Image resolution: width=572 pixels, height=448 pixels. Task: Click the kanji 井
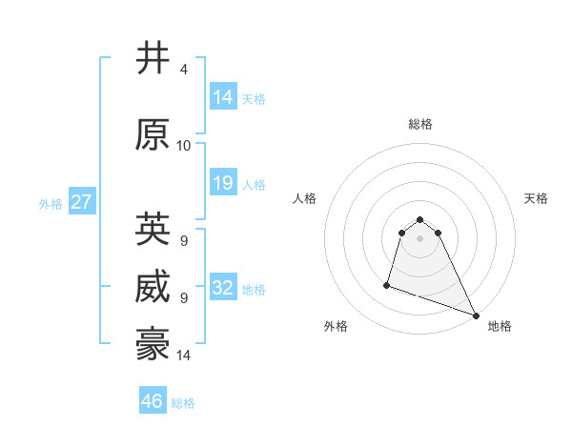(x=153, y=59)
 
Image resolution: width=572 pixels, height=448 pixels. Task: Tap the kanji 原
(x=153, y=135)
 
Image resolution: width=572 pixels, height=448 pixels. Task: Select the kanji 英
(x=153, y=230)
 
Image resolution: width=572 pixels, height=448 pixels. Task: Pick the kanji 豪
(x=153, y=344)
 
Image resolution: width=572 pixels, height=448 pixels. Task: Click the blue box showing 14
(x=223, y=97)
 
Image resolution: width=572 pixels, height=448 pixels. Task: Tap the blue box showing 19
(x=223, y=183)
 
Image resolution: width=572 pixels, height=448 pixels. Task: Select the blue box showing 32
(x=223, y=288)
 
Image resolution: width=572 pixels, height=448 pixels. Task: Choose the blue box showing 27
(x=81, y=202)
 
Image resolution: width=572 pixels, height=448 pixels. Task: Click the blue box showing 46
(x=153, y=401)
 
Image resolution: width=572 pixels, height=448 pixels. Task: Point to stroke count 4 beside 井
(x=183, y=70)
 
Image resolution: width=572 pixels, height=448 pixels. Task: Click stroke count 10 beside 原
(x=183, y=146)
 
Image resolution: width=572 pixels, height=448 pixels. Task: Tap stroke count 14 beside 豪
(x=183, y=356)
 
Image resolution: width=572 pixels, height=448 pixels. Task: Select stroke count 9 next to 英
(x=183, y=240)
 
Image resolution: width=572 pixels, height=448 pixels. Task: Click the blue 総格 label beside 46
(x=183, y=403)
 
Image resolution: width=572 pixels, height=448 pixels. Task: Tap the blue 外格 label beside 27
(x=51, y=203)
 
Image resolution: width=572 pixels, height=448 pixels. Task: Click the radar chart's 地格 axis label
(x=500, y=327)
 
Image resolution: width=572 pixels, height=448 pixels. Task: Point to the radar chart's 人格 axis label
(x=304, y=198)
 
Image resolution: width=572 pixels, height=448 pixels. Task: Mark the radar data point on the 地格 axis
(x=476, y=315)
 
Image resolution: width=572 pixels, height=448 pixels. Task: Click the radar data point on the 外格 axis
(x=387, y=284)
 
